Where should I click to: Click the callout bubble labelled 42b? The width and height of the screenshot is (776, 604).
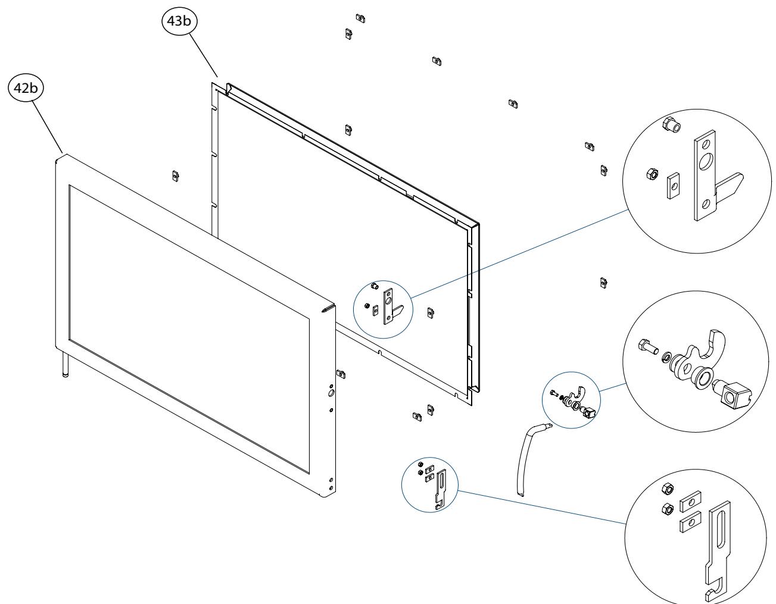(26, 87)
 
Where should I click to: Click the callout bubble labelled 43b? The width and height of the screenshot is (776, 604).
(179, 21)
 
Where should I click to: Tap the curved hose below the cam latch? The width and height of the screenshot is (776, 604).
(532, 459)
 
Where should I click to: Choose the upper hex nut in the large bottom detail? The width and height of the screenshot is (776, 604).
(668, 489)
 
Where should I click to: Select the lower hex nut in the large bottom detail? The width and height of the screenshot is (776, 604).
(667, 509)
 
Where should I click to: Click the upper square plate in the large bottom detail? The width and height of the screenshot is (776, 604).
(690, 502)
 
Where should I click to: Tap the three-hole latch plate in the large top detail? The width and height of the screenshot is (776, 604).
(705, 176)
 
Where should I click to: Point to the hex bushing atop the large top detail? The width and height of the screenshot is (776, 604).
(671, 124)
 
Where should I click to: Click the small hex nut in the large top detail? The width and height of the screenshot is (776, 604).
(652, 174)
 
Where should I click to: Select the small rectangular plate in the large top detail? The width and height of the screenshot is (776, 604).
(673, 186)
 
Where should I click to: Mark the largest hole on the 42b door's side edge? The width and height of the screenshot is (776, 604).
(331, 393)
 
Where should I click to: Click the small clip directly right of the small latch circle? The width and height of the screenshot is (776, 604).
(431, 313)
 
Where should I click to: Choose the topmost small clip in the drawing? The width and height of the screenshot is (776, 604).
(360, 18)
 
